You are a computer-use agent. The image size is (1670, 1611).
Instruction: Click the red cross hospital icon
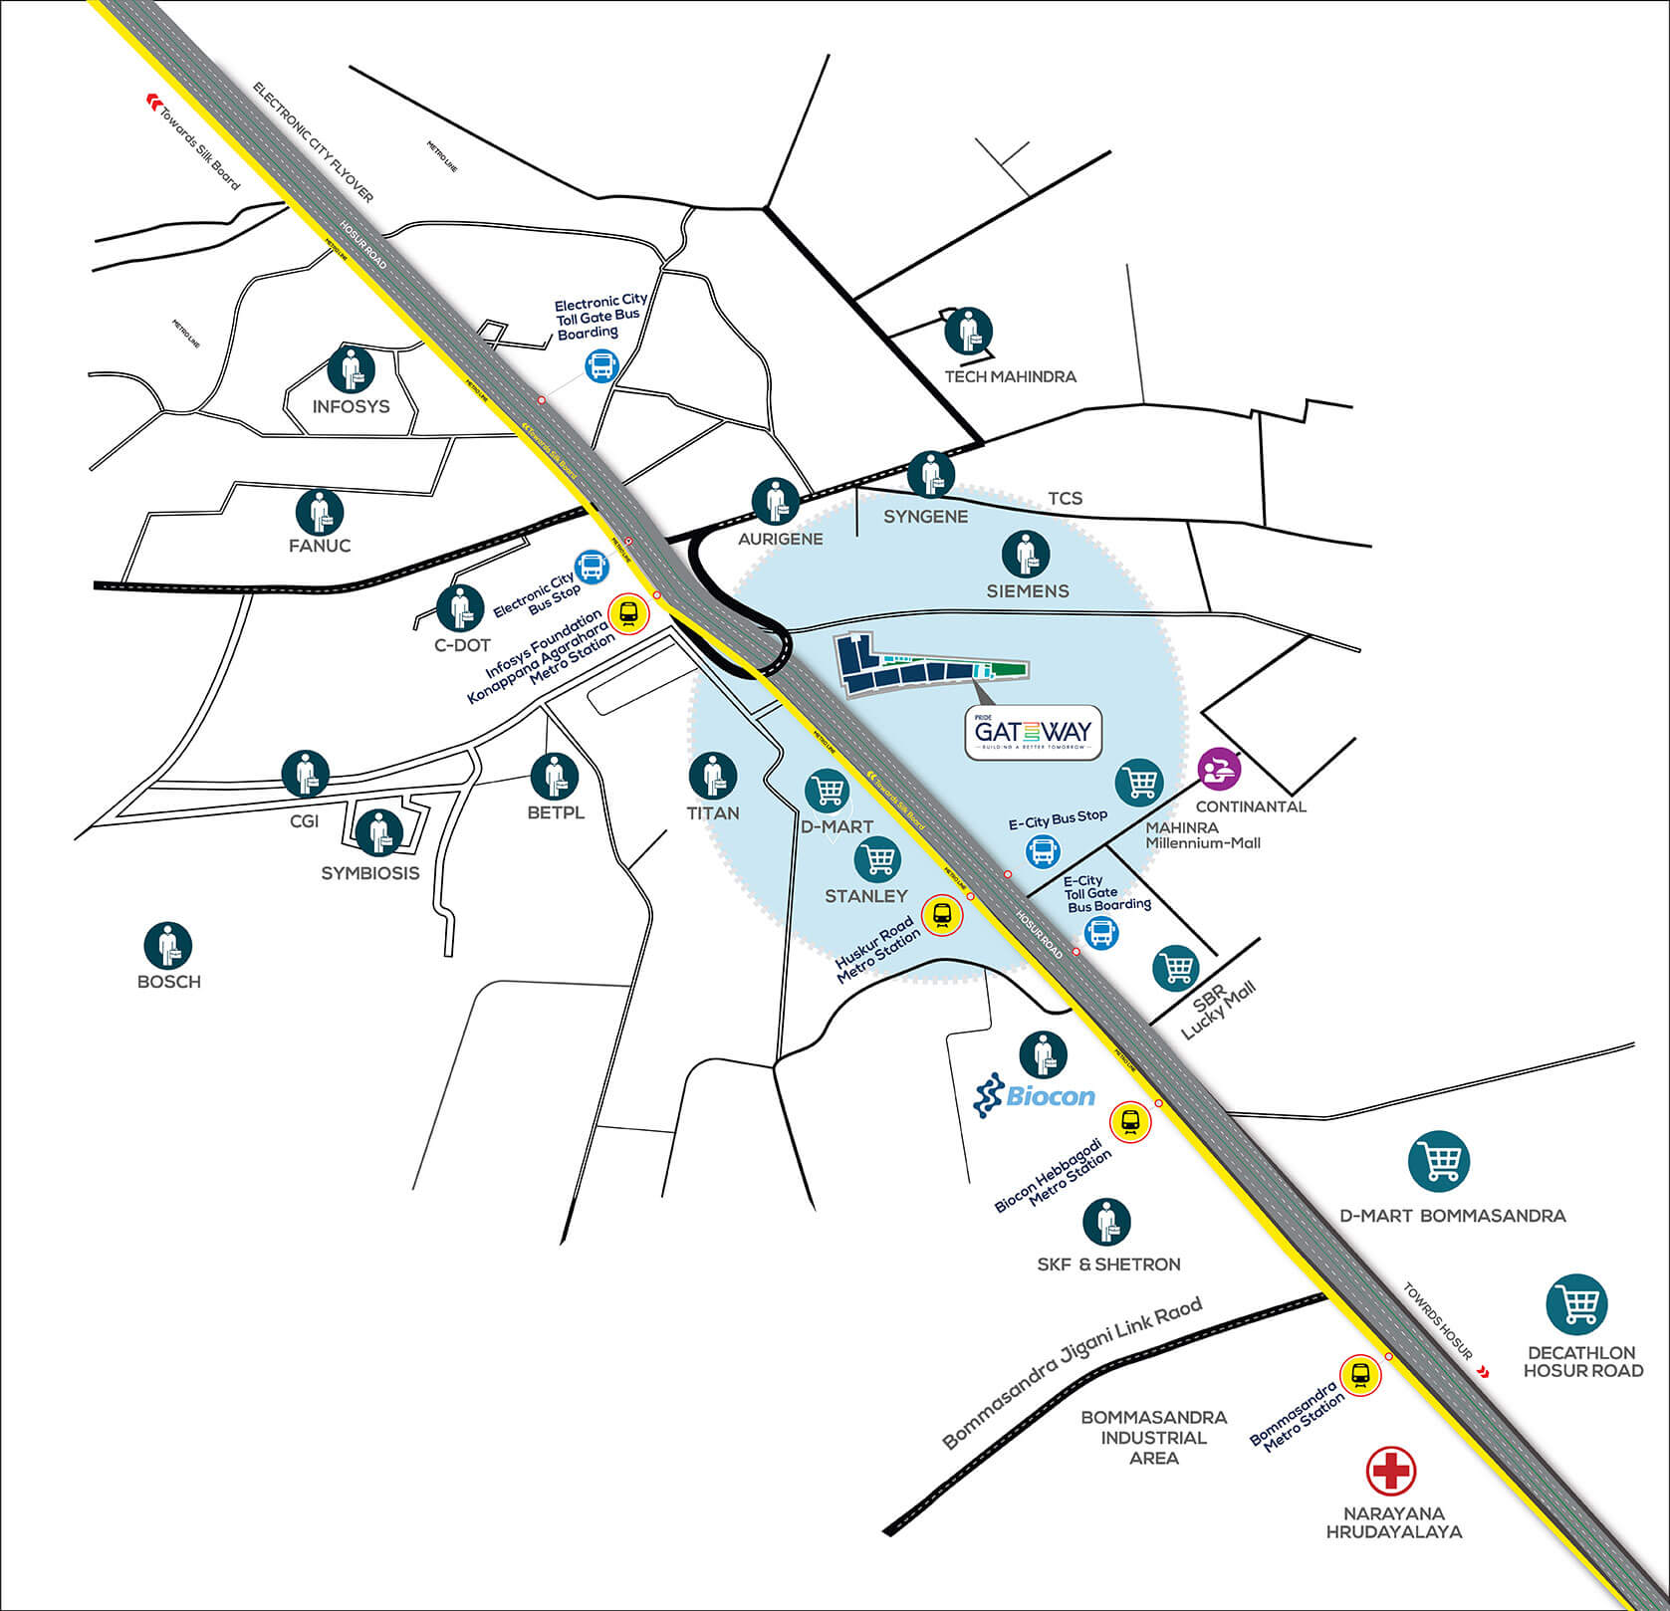(1391, 1471)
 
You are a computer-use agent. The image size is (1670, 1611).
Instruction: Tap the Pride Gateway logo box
(1034, 734)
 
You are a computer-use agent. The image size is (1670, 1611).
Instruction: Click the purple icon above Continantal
(1220, 769)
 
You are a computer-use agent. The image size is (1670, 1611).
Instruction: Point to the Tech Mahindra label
(1010, 376)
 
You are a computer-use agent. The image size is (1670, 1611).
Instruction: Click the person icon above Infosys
(352, 369)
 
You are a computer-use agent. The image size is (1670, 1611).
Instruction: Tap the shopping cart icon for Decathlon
(1577, 1304)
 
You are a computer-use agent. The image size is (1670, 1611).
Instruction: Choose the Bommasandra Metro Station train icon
(1360, 1376)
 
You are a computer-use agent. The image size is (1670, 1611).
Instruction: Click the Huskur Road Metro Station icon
(942, 915)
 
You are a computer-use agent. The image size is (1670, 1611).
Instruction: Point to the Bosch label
(169, 982)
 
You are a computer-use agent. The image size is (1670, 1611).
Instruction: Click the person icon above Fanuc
(320, 512)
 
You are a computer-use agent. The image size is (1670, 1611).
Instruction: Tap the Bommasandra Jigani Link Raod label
(1073, 1373)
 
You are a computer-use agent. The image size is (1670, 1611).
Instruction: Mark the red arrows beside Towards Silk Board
(154, 99)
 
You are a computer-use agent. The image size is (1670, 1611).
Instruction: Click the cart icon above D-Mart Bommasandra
(1439, 1161)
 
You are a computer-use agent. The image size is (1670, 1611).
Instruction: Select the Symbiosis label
(370, 873)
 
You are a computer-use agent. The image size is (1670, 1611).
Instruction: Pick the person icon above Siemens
(1027, 554)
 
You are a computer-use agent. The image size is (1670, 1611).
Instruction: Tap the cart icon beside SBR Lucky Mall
(1176, 968)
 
